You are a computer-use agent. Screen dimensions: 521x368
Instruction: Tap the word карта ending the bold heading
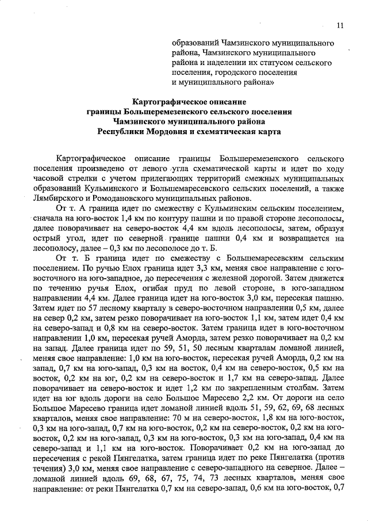click(x=266, y=131)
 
